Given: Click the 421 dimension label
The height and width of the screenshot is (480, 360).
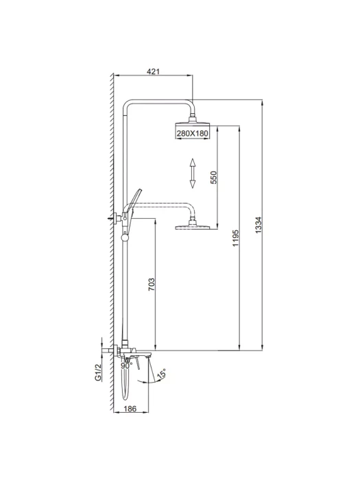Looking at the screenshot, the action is coord(154,71).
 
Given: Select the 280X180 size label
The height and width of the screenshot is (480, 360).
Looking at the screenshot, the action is coord(192,134).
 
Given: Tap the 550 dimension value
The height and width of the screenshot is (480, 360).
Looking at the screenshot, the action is coord(214,177).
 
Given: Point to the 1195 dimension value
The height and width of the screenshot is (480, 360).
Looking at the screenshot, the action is coord(235,238).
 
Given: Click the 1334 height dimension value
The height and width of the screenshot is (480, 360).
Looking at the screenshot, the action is coord(259,225).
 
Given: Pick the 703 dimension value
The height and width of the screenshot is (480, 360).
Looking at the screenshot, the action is coord(152,284).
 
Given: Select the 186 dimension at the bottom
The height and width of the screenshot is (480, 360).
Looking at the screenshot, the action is coord(131,409).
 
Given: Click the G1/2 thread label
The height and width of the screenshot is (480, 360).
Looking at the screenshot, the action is coord(98,372).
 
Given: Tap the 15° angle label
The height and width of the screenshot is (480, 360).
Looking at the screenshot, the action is coord(162,374).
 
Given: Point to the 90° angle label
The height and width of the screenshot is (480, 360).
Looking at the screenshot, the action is coord(126,365).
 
